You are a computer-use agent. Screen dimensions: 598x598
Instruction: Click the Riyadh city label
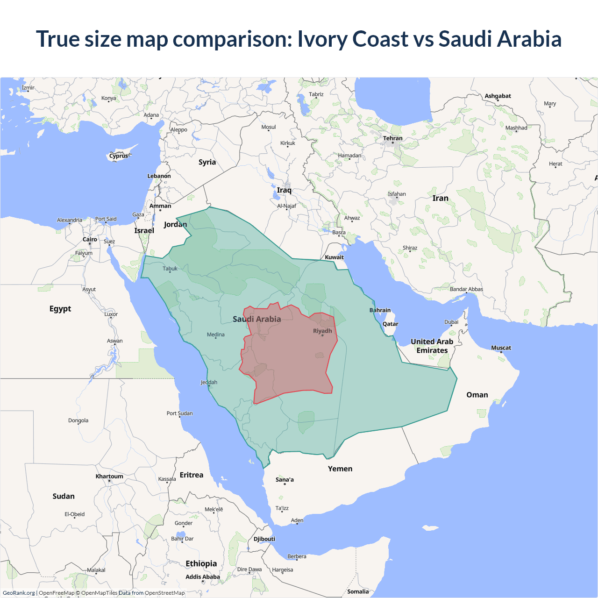(x=322, y=331)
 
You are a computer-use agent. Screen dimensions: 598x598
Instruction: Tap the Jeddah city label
(x=209, y=382)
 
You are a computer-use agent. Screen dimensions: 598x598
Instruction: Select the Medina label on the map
(x=216, y=335)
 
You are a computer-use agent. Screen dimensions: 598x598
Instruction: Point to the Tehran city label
(x=392, y=138)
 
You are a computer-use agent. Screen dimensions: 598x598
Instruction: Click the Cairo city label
(x=90, y=239)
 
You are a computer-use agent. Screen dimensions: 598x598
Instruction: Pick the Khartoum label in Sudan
(x=109, y=477)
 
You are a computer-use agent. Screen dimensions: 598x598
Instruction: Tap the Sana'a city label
(x=285, y=480)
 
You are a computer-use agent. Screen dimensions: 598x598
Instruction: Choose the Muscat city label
(x=501, y=348)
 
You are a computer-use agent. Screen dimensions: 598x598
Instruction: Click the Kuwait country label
(x=334, y=257)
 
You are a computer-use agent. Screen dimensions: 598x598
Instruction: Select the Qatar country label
(x=391, y=324)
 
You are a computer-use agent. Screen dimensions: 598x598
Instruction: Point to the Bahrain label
(x=380, y=310)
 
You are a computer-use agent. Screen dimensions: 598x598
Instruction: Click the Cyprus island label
(x=119, y=156)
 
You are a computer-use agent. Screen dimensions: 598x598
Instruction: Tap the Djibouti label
(x=264, y=539)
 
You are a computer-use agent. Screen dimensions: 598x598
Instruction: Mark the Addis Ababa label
(x=202, y=577)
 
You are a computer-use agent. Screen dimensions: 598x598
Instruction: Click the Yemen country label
(x=340, y=469)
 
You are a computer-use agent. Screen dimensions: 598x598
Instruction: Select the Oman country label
(x=477, y=395)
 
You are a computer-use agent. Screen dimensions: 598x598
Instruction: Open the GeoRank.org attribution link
(x=19, y=593)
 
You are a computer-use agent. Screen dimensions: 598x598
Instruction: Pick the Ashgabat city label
(x=498, y=96)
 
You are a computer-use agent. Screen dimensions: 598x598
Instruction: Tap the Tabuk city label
(x=170, y=269)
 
